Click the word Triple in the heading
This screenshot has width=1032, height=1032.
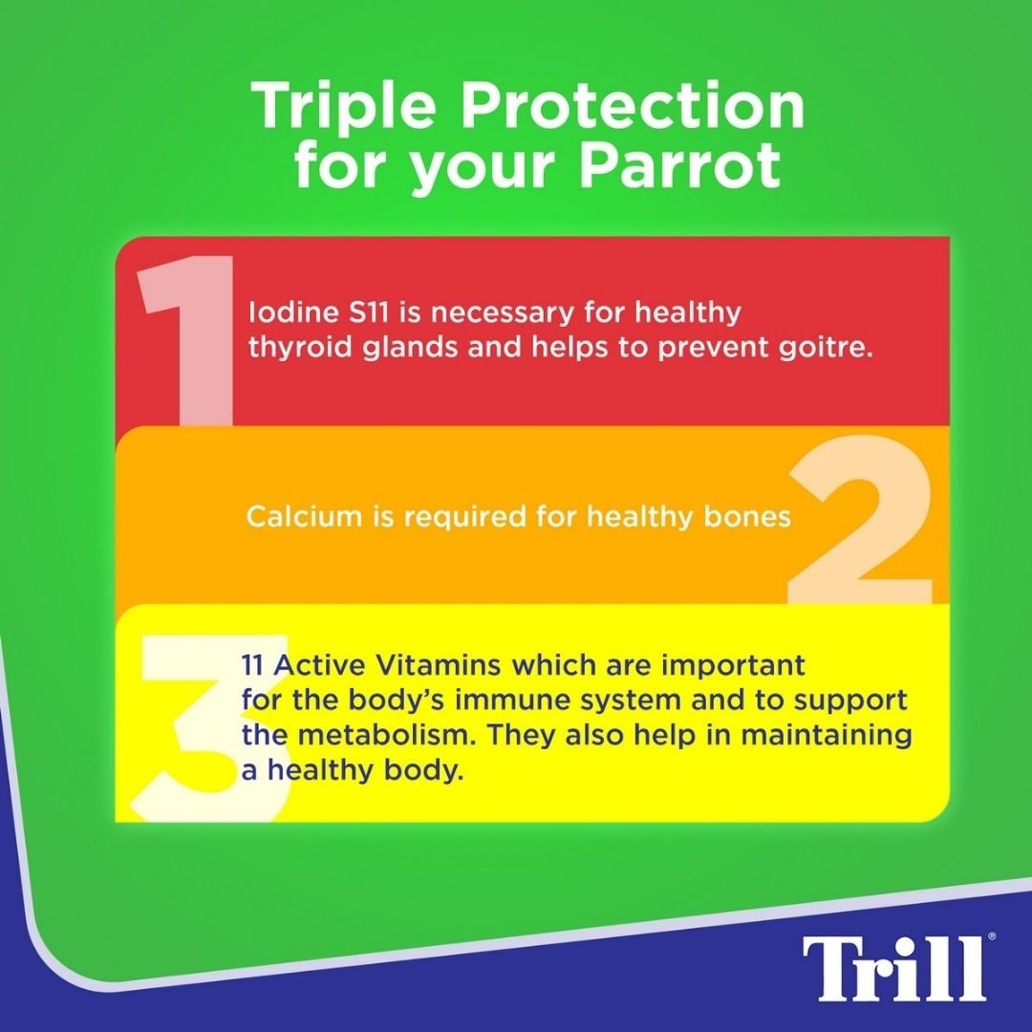click(x=344, y=107)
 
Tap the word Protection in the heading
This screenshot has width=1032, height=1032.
click(x=632, y=106)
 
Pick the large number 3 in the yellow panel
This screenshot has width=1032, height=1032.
click(x=210, y=728)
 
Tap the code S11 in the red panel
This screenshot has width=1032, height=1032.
click(x=369, y=312)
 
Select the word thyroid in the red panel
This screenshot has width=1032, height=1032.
click(x=301, y=348)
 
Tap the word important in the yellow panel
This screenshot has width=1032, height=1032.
click(x=733, y=666)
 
